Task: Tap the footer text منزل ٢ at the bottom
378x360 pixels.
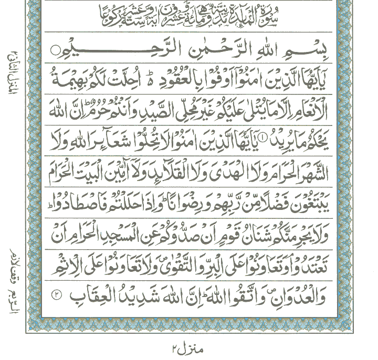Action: pos(188,347)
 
